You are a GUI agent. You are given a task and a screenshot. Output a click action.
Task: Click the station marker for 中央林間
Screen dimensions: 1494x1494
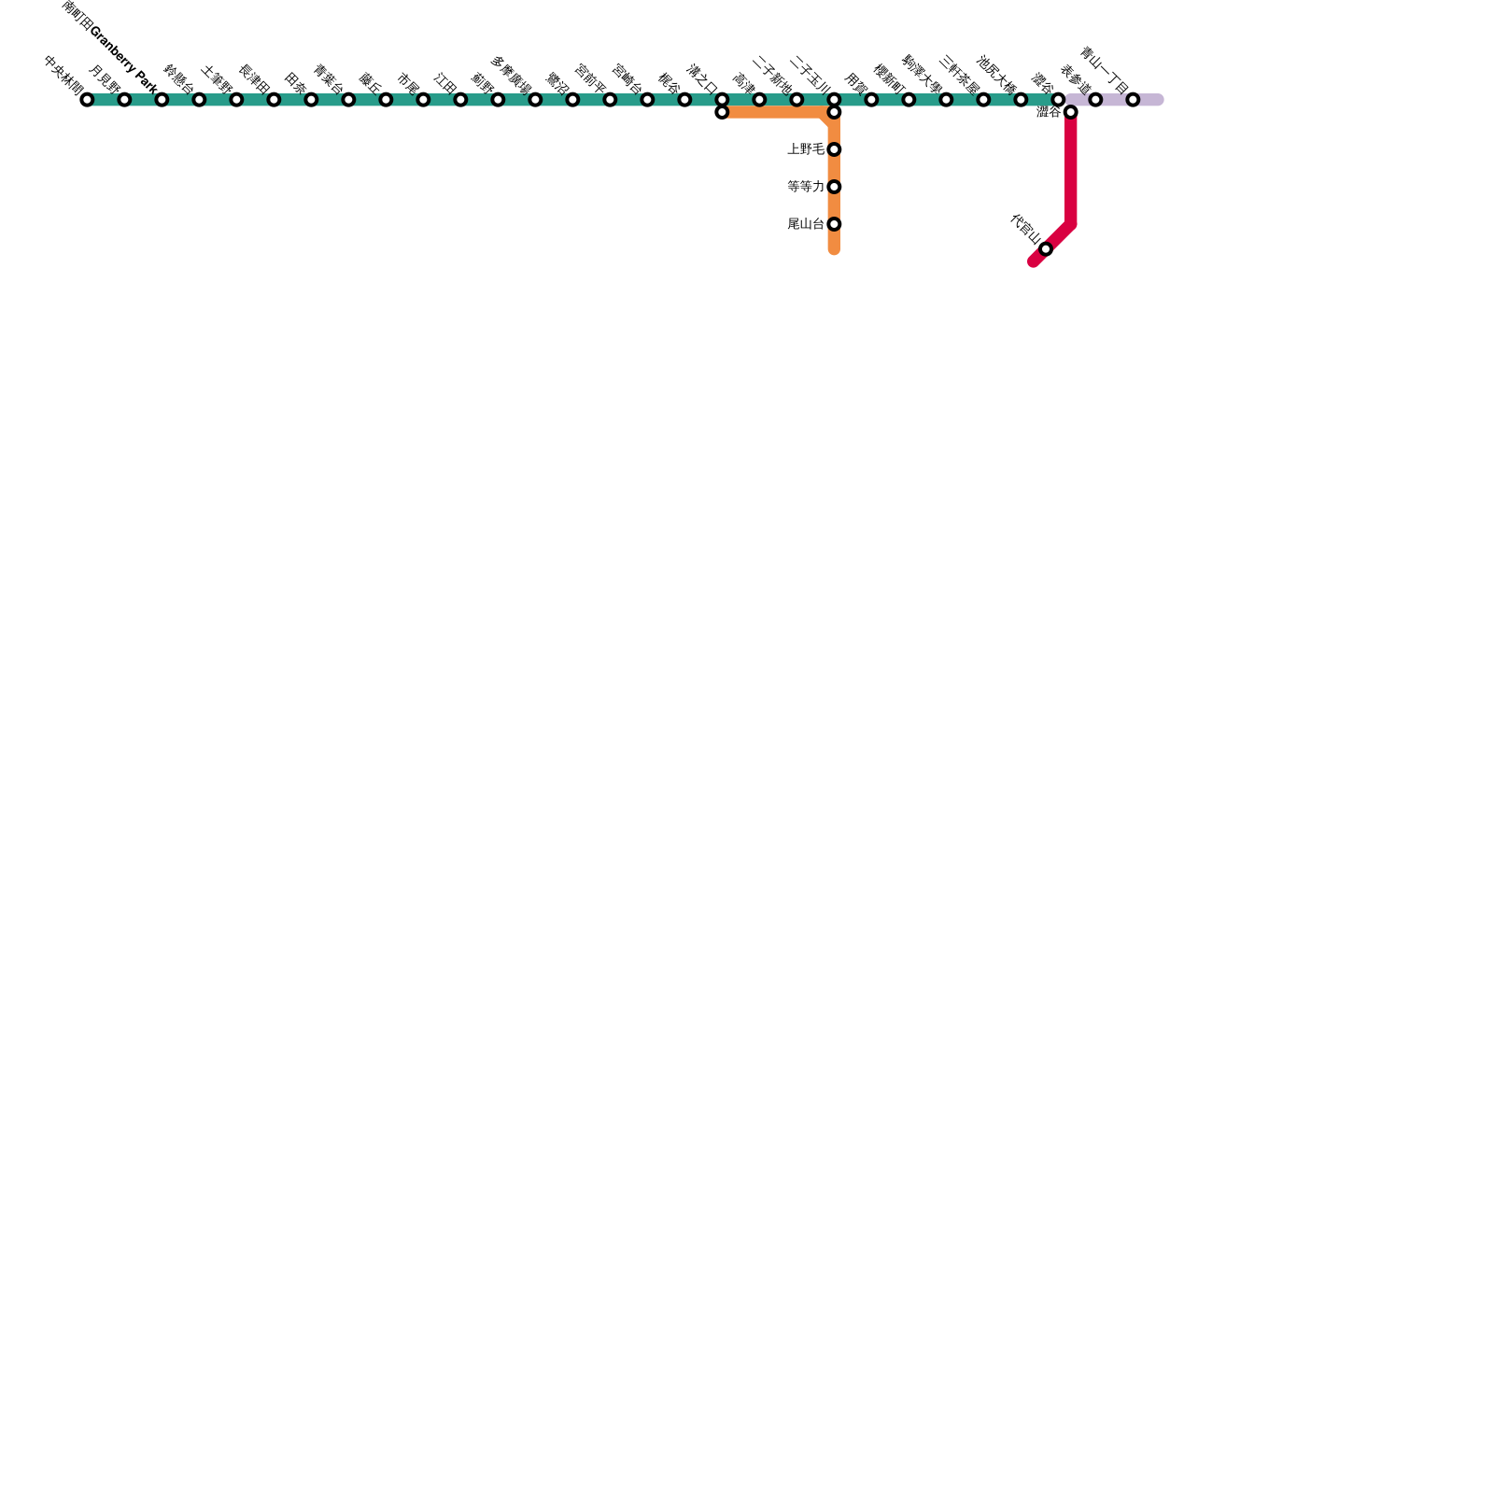click(x=87, y=100)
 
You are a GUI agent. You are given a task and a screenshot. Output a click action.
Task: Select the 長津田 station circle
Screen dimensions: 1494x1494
click(x=274, y=100)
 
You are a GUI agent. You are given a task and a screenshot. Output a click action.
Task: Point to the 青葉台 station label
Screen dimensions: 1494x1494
click(x=328, y=78)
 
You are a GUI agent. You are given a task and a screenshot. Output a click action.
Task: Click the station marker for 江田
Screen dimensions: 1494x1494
click(x=460, y=100)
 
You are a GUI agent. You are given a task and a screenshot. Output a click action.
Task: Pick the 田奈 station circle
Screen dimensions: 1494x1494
click(x=311, y=100)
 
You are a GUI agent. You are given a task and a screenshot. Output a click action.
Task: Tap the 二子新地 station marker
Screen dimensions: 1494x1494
click(x=796, y=100)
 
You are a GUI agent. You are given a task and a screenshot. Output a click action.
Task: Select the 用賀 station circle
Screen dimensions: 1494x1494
click(x=871, y=100)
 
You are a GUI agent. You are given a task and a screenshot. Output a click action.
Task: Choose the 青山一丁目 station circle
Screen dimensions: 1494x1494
click(x=1133, y=100)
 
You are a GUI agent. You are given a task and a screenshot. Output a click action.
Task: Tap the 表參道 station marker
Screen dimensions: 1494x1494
click(x=1095, y=100)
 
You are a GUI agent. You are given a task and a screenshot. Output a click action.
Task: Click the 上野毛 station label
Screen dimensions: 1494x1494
click(x=806, y=149)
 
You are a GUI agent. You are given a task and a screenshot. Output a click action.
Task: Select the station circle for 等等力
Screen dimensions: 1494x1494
click(x=834, y=187)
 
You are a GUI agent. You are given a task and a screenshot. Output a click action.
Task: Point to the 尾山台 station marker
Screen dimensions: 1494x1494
click(x=834, y=224)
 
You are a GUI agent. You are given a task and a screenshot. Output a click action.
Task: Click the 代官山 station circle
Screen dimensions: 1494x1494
click(x=1046, y=249)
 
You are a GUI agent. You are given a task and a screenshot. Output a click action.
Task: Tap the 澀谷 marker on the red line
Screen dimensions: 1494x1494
click(x=1071, y=113)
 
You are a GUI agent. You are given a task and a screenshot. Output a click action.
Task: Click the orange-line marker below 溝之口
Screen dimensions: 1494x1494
click(x=722, y=113)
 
